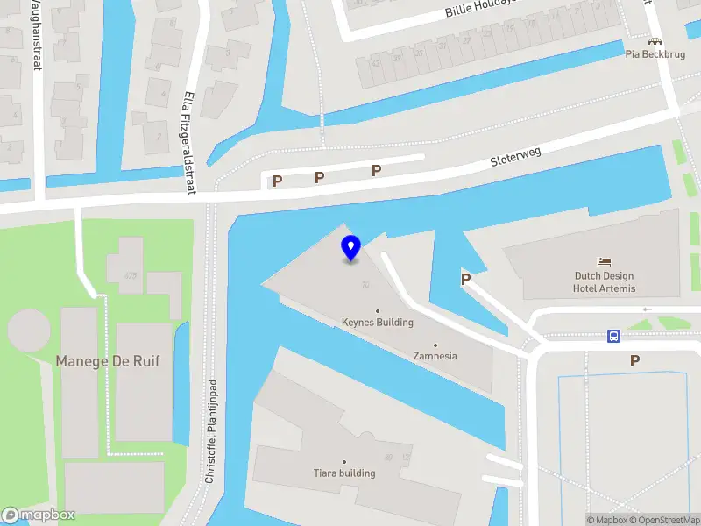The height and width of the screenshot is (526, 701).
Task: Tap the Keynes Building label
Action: coord(378,322)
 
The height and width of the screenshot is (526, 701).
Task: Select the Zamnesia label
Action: coord(435,356)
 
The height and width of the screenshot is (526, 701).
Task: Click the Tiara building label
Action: coord(344,473)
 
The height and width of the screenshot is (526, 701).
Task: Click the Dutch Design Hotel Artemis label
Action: coord(604,282)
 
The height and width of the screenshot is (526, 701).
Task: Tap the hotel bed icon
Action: coord(604,261)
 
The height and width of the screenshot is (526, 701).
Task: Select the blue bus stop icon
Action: coord(614,336)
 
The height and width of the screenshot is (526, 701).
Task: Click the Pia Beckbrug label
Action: coord(655,53)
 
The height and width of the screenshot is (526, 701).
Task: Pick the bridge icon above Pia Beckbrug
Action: coord(655,40)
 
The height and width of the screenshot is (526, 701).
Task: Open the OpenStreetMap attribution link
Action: coord(663,520)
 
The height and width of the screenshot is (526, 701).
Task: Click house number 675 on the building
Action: coord(131,275)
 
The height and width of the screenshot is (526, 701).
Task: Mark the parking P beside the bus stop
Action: coord(634,360)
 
